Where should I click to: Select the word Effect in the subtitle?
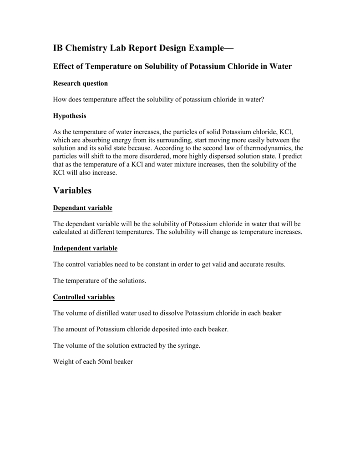pos(64,66)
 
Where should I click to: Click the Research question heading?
pos(81,83)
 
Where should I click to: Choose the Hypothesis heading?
pos(70,116)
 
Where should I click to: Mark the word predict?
pos(291,157)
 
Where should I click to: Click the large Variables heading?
pos(72,191)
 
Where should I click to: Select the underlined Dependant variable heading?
pos(82,208)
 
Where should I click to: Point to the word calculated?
pos(68,232)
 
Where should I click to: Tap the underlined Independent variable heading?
pos(85,248)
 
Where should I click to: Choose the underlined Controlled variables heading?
pos(84,297)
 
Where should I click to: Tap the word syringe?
pos(188,346)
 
